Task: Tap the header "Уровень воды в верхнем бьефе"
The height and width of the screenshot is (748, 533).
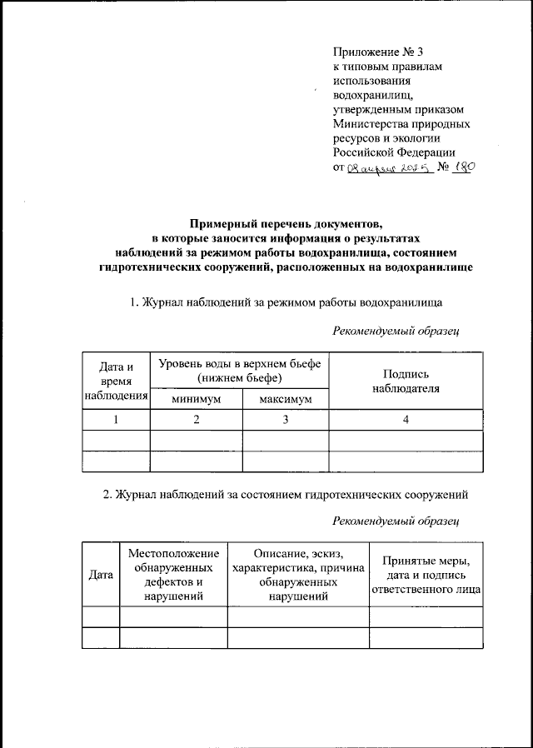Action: coord(240,370)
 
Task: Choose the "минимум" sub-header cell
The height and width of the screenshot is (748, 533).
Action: coord(196,400)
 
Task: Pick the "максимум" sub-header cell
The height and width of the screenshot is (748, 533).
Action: coord(286,400)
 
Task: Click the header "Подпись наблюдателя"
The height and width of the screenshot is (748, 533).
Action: coord(406,381)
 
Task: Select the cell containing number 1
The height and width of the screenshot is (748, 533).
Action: coord(117,420)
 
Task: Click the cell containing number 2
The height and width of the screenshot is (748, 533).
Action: coord(196,420)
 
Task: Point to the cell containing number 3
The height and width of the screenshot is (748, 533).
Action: coord(286,420)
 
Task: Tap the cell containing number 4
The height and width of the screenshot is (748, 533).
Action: coord(406,420)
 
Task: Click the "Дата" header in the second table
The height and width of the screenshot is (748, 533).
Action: coord(101,575)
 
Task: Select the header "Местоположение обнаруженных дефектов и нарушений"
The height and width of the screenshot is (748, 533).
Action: coord(173,575)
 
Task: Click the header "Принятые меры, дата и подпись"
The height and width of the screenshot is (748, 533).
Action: coord(426,575)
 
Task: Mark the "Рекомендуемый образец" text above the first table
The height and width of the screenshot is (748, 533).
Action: coord(396,331)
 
